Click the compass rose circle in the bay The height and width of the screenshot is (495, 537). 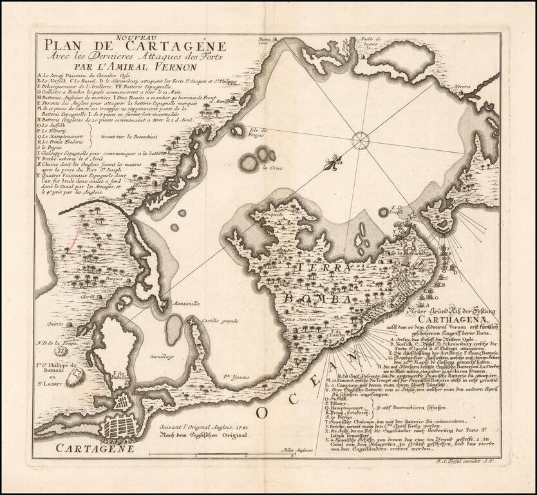[361, 139]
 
